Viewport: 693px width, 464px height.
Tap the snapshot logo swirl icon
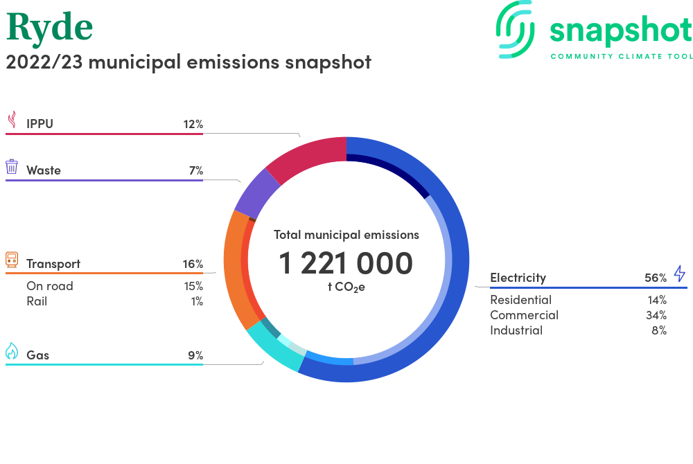pos(515,29)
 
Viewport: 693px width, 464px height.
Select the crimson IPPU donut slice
pos(309,158)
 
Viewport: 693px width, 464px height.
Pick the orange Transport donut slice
pos(233,269)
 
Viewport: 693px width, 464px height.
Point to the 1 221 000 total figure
pos(346,263)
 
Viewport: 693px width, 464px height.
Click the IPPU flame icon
pos(12,119)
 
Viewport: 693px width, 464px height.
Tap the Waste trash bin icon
pos(12,167)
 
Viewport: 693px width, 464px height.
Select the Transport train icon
pos(12,260)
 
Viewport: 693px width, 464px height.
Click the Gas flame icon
pos(12,351)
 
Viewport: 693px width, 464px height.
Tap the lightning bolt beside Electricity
pos(679,274)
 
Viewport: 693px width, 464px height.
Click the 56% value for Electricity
pos(656,278)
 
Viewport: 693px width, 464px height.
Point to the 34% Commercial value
pos(656,315)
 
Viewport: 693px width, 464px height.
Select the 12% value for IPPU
pos(193,125)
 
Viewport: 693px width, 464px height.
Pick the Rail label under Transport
pos(37,301)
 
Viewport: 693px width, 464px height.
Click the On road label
pos(50,286)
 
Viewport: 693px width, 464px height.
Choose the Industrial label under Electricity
pos(516,330)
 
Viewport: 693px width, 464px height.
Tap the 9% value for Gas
pos(195,355)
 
